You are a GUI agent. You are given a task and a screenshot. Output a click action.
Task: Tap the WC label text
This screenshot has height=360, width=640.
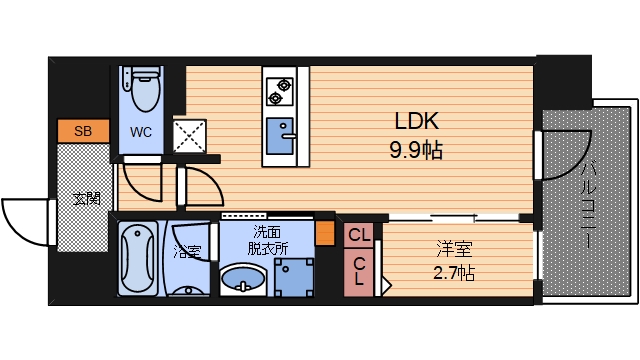point(141,131)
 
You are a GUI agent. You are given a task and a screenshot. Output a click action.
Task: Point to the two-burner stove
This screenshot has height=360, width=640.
point(278,91)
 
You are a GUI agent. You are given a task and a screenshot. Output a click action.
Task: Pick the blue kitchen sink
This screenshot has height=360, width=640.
point(279,133)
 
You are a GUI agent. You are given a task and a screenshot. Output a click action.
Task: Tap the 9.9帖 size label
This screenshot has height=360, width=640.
point(417,151)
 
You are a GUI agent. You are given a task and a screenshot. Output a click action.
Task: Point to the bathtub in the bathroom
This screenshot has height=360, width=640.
point(137,258)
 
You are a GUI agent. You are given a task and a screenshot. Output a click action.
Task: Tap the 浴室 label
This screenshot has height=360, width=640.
point(186,250)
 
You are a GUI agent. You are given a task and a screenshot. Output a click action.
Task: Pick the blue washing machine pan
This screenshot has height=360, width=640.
point(293,276)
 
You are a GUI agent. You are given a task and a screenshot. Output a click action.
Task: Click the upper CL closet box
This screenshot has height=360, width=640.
point(360,235)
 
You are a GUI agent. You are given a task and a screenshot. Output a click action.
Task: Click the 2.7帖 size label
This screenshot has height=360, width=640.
point(453,272)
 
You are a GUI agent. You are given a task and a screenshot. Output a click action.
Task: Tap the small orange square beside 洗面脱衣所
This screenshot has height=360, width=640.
point(324,236)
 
